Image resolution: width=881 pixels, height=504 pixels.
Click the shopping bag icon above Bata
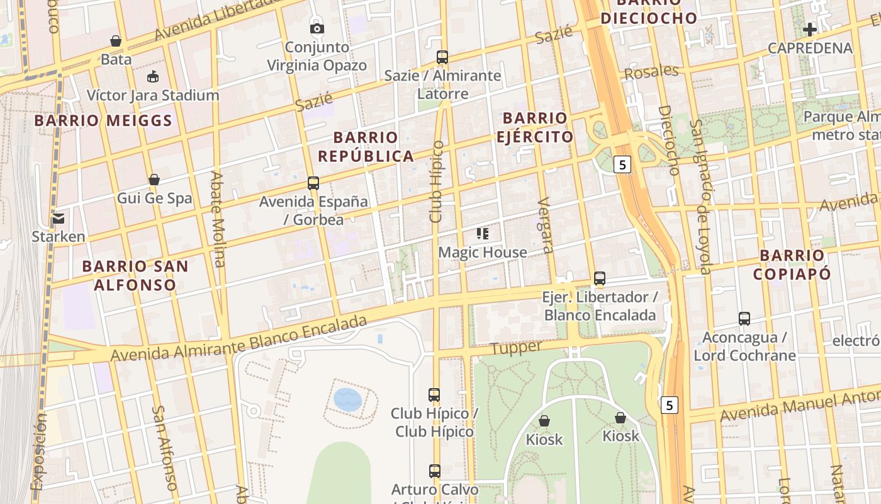tap(116, 41)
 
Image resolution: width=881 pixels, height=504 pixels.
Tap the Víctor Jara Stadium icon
tap(152, 77)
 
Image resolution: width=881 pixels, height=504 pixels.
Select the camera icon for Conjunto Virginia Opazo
tap(317, 28)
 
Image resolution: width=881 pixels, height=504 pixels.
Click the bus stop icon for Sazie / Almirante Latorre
tap(442, 57)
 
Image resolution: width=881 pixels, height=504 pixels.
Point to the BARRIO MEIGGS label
tap(103, 120)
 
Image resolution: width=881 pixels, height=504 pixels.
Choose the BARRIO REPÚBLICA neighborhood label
tap(366, 146)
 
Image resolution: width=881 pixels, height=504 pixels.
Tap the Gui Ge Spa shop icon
tap(154, 180)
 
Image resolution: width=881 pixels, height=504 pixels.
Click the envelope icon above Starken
tap(59, 219)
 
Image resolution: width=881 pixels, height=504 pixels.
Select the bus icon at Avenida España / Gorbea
tap(313, 183)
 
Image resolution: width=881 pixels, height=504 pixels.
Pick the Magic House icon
tap(483, 234)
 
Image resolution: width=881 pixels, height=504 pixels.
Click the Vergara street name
tap(545, 225)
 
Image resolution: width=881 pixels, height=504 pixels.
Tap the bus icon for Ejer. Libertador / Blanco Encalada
tap(600, 278)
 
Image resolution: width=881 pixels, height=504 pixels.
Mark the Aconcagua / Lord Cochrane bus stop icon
tap(744, 319)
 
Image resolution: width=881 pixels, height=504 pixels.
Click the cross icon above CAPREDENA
tap(810, 29)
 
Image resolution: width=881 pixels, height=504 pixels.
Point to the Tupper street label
tap(516, 348)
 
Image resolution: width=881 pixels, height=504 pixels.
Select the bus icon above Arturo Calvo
tap(434, 471)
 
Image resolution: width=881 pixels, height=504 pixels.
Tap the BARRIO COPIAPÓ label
tap(792, 265)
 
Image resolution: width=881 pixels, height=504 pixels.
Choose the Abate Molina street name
tap(217, 219)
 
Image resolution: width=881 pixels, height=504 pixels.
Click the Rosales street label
tap(651, 72)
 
